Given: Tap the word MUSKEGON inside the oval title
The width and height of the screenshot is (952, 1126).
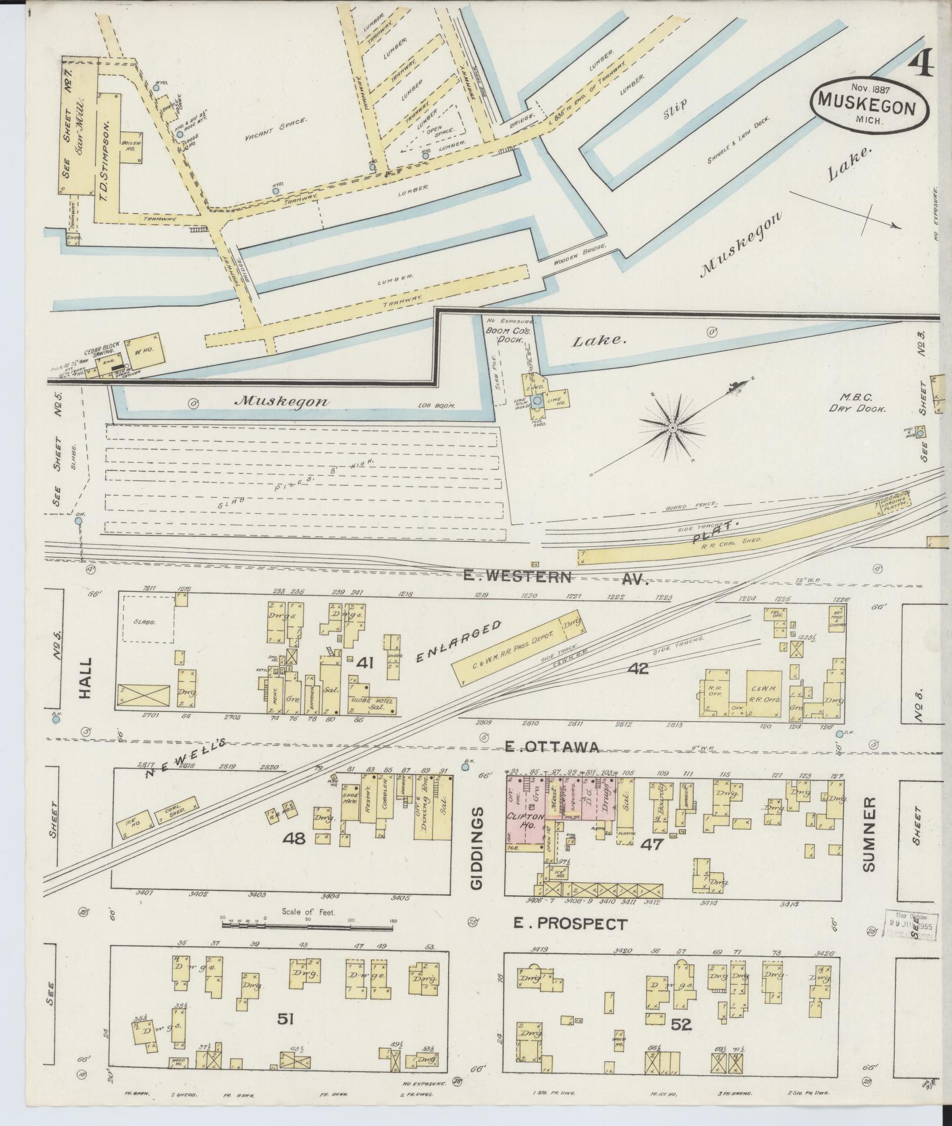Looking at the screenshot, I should pyautogui.click(x=870, y=102).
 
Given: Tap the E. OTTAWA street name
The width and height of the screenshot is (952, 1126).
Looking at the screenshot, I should pyautogui.click(x=553, y=747).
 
